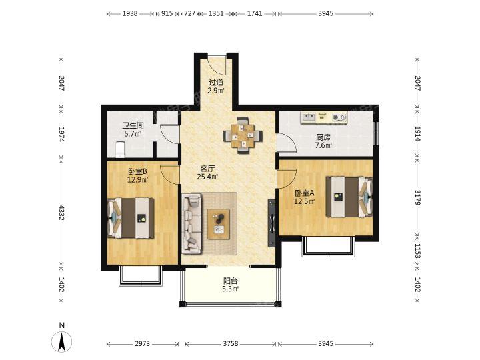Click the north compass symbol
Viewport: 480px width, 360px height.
click(x=61, y=341)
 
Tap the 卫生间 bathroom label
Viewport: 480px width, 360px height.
click(x=133, y=125)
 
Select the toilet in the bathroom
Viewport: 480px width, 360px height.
click(x=120, y=149)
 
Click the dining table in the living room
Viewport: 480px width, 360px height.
click(x=243, y=135)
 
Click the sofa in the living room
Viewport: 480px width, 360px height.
click(x=192, y=224)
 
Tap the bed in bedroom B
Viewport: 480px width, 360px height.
click(x=131, y=217)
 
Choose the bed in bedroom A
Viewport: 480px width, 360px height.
click(x=349, y=197)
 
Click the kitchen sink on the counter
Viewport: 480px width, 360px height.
click(x=309, y=117)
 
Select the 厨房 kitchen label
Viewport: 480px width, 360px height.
click(x=323, y=137)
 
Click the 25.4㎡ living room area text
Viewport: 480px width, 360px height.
click(x=207, y=177)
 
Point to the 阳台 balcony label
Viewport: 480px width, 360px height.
click(x=231, y=281)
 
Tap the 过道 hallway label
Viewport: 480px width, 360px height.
click(x=216, y=83)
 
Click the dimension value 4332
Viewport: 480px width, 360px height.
click(x=61, y=213)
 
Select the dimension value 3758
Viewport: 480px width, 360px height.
click(x=231, y=344)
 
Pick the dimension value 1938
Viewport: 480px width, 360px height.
click(x=130, y=13)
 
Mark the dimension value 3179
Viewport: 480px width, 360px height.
click(x=418, y=197)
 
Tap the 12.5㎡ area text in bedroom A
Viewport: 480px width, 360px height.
click(x=305, y=201)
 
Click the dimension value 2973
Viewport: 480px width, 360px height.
click(x=143, y=344)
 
